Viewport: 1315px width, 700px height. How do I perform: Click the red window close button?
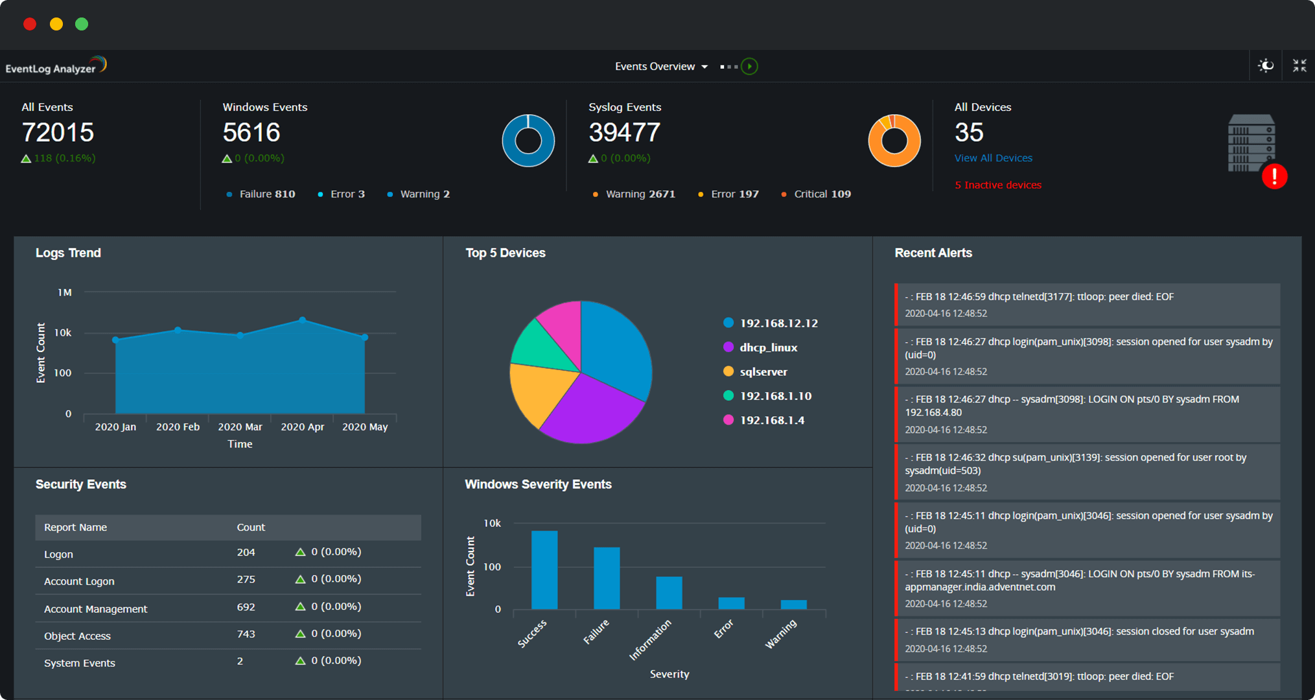(x=30, y=25)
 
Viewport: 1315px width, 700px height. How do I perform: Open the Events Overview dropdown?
(x=660, y=67)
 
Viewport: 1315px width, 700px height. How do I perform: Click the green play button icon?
(x=749, y=67)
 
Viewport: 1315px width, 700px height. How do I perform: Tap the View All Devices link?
(x=993, y=158)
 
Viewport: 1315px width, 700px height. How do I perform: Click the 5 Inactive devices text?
(x=997, y=185)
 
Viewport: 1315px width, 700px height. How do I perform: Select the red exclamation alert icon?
(x=1274, y=176)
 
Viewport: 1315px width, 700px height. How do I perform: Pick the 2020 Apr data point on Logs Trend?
(x=303, y=320)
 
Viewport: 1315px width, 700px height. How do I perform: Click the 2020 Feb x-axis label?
(x=178, y=427)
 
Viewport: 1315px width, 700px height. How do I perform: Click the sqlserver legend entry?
(x=763, y=372)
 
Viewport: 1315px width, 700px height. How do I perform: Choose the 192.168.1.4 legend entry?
(x=771, y=421)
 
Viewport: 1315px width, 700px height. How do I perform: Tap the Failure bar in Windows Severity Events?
(x=607, y=578)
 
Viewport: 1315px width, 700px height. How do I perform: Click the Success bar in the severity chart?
(x=544, y=570)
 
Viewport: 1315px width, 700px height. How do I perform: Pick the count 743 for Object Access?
(x=246, y=634)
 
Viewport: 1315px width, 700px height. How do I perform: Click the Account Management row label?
(x=95, y=609)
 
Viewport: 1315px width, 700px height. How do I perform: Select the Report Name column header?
(x=75, y=528)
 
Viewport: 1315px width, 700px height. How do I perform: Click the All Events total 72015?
(x=58, y=133)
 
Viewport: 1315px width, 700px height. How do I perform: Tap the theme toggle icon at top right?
(x=1265, y=66)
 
